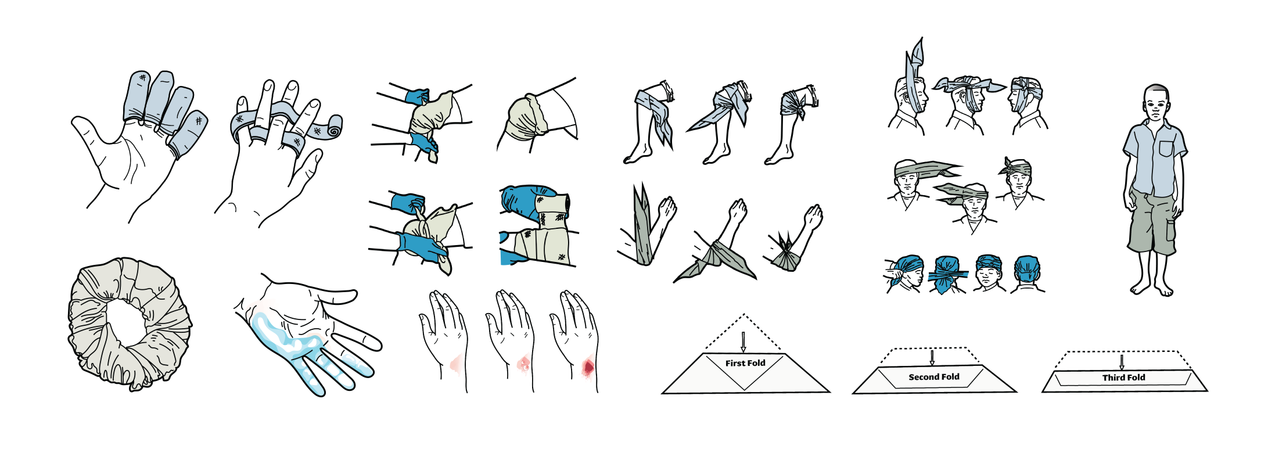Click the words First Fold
pyautogui.click(x=745, y=363)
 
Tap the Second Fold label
pyautogui.click(x=934, y=377)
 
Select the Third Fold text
pyautogui.click(x=1124, y=378)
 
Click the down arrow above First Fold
pyautogui.click(x=743, y=342)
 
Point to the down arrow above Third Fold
pyautogui.click(x=1122, y=362)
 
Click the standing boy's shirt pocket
pyautogui.click(x=1166, y=149)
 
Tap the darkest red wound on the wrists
pyautogui.click(x=588, y=367)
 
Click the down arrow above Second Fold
pyautogui.click(x=932, y=357)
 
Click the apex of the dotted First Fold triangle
pyautogui.click(x=743, y=314)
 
